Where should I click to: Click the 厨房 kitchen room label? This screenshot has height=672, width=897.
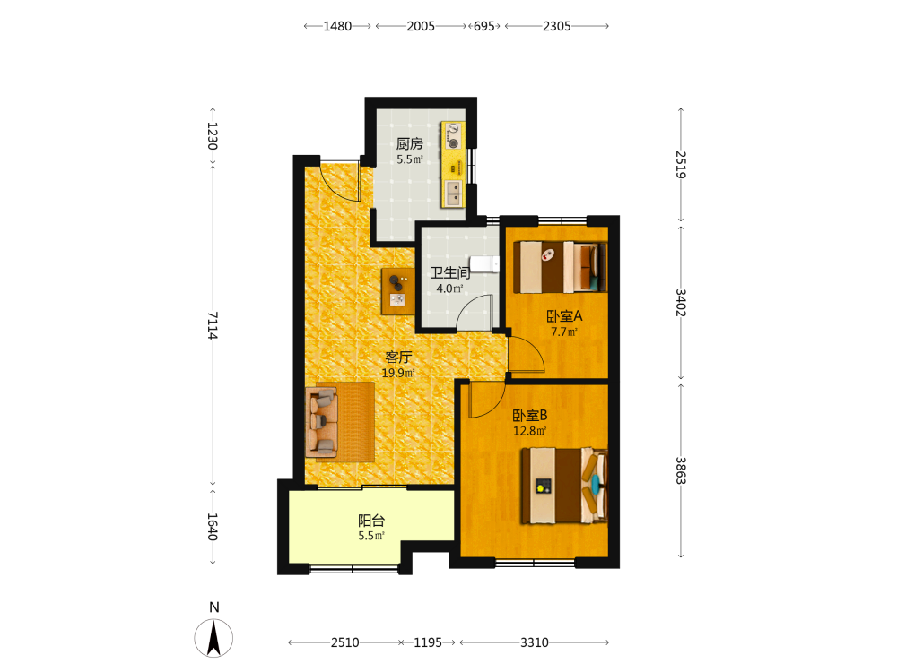[410, 143]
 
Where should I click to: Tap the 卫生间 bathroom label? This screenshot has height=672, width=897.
[450, 272]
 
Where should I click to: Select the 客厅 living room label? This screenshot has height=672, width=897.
[398, 358]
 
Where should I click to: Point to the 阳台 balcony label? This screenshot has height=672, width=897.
[371, 521]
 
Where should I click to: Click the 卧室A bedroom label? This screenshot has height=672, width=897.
[564, 316]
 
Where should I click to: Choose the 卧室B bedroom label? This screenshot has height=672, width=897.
[530, 416]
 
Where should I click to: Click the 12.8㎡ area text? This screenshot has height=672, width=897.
[530, 431]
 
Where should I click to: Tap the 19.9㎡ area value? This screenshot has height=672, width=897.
[398, 373]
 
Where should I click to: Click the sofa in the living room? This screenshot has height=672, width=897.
[322, 422]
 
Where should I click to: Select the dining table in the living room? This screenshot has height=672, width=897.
[398, 291]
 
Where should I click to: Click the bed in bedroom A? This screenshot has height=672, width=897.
[560, 267]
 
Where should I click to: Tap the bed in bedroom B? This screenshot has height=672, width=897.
[564, 486]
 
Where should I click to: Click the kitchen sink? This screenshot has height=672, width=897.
[454, 193]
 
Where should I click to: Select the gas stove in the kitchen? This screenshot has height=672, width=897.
[453, 135]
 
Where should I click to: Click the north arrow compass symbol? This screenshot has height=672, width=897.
[214, 637]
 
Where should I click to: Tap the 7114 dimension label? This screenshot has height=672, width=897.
[213, 325]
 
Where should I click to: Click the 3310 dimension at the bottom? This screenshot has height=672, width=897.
[535, 642]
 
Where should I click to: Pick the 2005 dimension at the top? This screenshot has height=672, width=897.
[421, 26]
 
